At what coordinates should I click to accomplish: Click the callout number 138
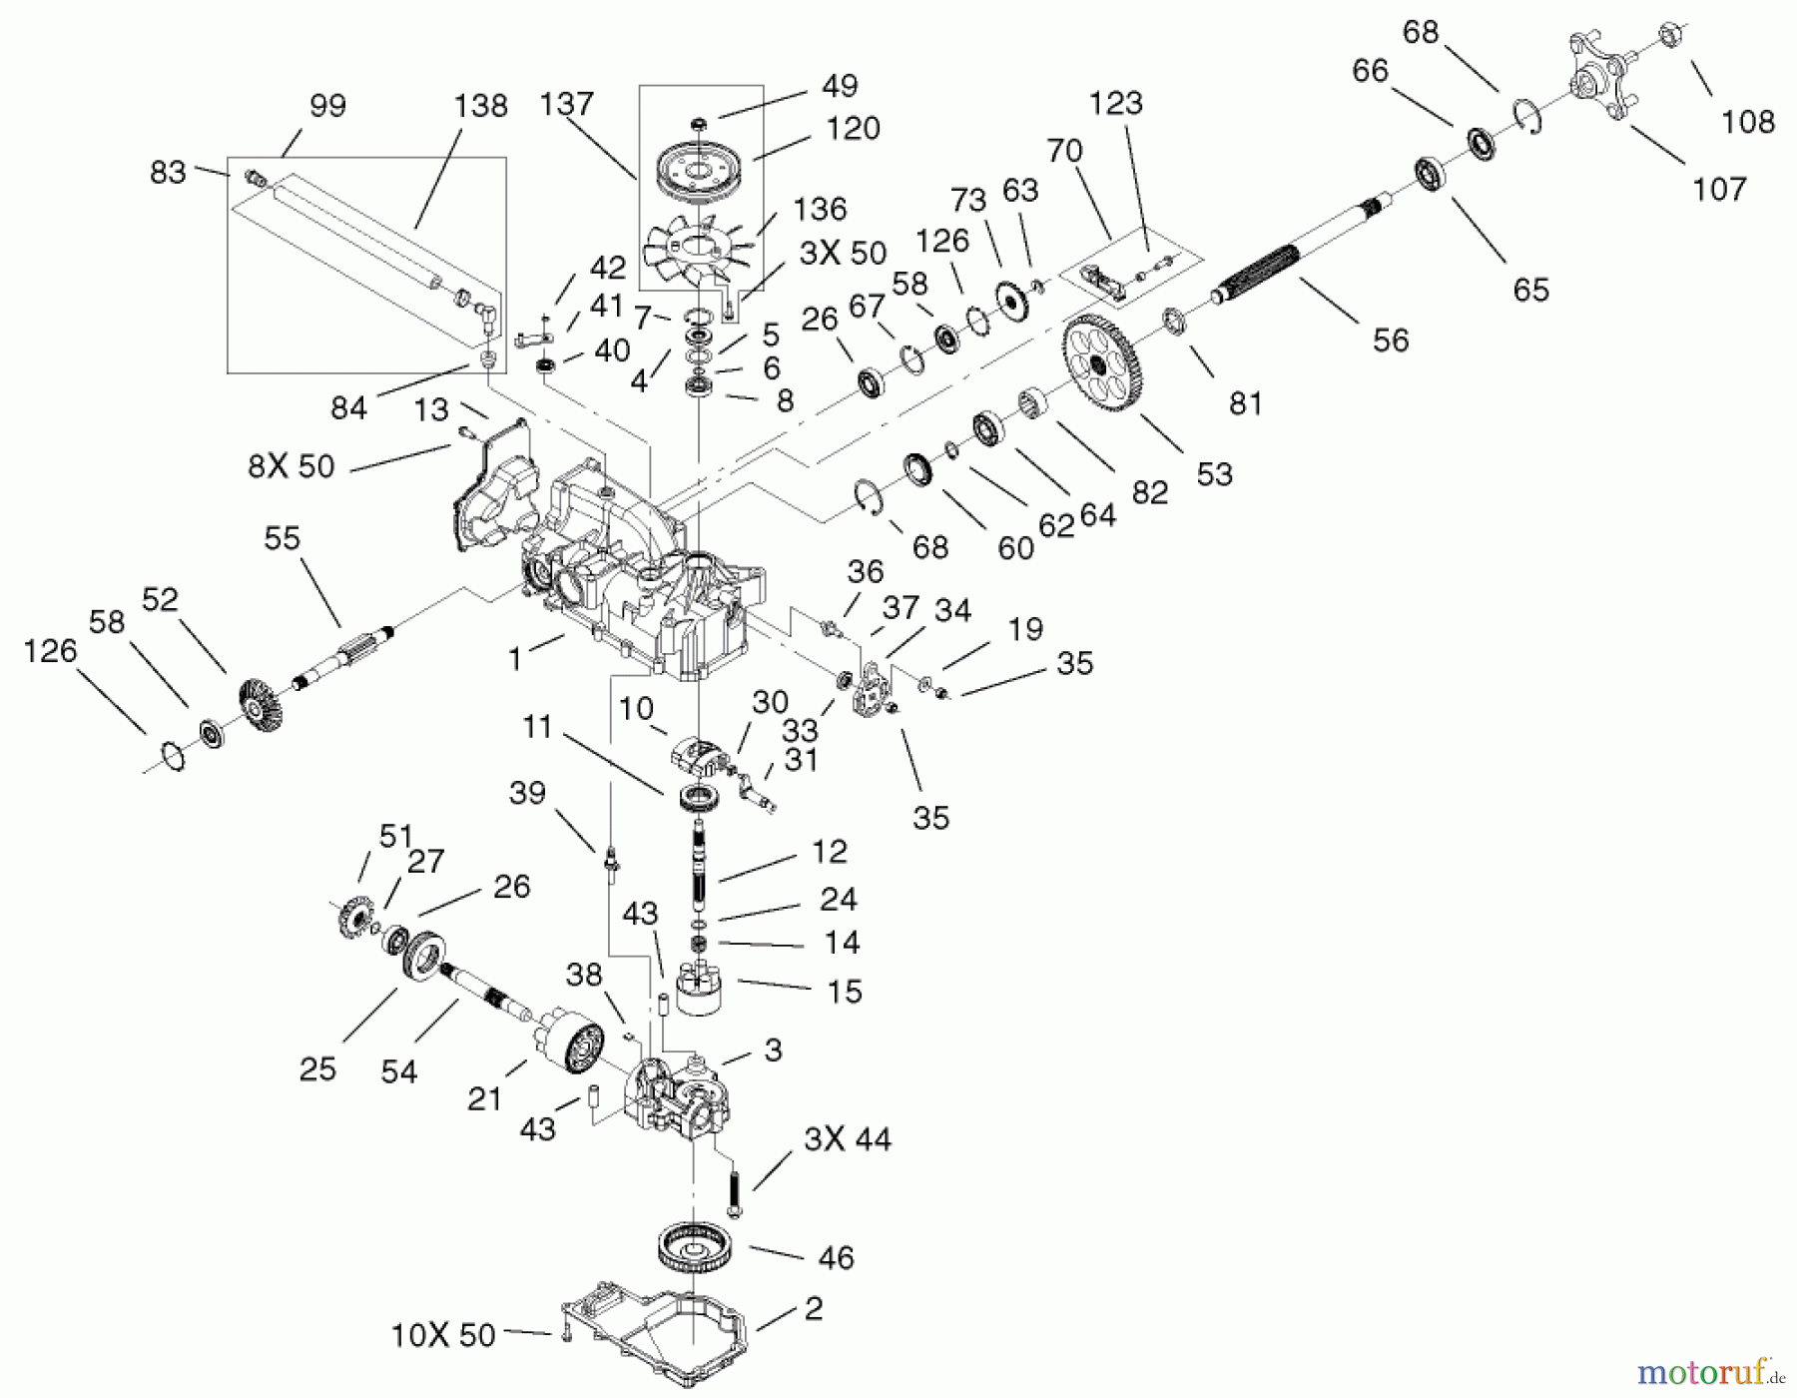pyautogui.click(x=480, y=106)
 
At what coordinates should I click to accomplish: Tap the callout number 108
pyautogui.click(x=1747, y=122)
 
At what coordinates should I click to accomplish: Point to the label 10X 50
pyautogui.click(x=443, y=1335)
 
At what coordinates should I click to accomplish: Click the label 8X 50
pyautogui.click(x=291, y=466)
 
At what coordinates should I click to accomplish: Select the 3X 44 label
pyautogui.click(x=847, y=1139)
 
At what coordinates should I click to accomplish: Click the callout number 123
pyautogui.click(x=1115, y=103)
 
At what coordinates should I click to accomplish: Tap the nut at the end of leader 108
pyautogui.click(x=1674, y=37)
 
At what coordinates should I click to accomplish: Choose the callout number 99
pyautogui.click(x=327, y=106)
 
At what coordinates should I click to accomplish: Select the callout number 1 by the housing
pyautogui.click(x=515, y=659)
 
